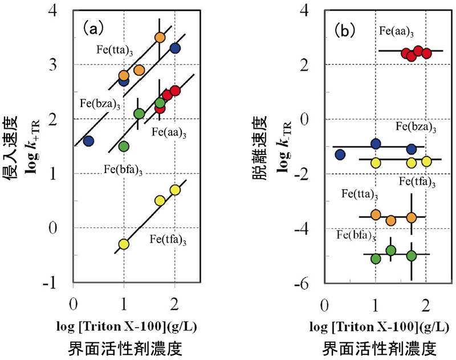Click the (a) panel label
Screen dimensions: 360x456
point(92,27)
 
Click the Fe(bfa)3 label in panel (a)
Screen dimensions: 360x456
point(124,169)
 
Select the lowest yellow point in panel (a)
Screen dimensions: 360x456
point(124,244)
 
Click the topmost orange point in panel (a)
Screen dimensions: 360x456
point(160,38)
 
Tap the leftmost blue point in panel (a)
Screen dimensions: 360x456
point(88,141)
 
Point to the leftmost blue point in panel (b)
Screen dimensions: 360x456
point(340,154)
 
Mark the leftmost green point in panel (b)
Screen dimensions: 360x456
point(376,259)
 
